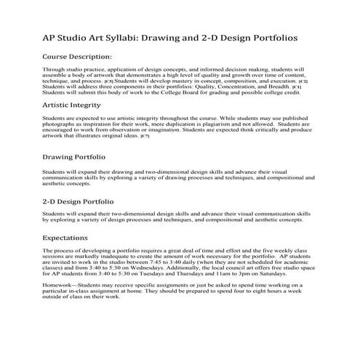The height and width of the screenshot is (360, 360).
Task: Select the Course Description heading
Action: pyautogui.click(x=77, y=56)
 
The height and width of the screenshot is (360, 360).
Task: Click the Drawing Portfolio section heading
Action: pyautogui.click(x=74, y=156)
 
